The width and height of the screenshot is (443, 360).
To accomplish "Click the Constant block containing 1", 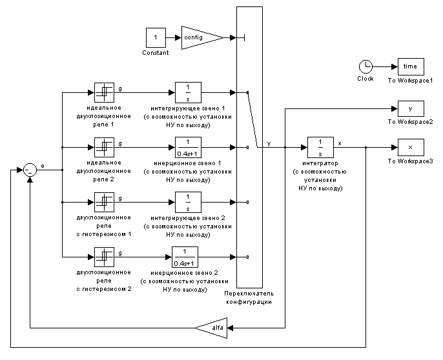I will click(x=155, y=37).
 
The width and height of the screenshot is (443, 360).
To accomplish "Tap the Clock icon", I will click(x=366, y=66).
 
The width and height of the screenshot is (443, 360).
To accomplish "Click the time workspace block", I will click(x=410, y=66).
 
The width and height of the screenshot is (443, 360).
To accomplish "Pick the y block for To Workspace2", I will click(x=410, y=109).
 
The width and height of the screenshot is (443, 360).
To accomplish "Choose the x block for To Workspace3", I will click(x=410, y=148).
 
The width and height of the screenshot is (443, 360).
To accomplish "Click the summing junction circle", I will click(x=30, y=171).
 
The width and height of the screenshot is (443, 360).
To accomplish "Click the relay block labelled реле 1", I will click(x=104, y=92).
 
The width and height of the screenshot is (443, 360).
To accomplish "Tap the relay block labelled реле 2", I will click(x=104, y=147).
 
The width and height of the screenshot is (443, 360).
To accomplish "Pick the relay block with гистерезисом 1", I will click(x=104, y=202).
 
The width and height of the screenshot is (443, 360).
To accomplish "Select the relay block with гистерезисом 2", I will click(x=104, y=257).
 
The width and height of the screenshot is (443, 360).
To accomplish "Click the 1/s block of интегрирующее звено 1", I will click(x=188, y=92).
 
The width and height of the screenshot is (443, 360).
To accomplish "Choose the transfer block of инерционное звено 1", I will click(x=188, y=147).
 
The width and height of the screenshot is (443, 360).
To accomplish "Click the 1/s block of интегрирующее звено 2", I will click(x=188, y=202).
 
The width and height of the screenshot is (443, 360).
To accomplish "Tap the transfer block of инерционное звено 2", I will click(x=188, y=257).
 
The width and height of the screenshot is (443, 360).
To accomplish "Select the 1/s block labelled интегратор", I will click(x=320, y=148).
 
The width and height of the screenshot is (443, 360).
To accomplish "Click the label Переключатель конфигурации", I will click(x=250, y=297).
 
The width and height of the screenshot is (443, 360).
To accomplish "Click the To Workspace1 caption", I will click(x=410, y=80).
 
